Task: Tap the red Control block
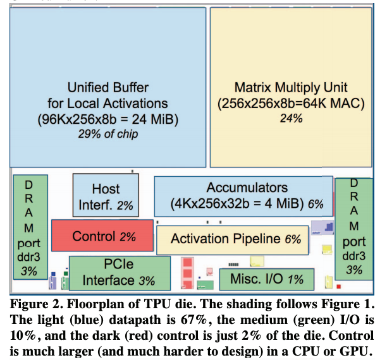point(102,236)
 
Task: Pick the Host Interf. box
point(105,196)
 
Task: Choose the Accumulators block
point(244,195)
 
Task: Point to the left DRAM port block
point(30,227)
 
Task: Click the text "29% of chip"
point(107,134)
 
